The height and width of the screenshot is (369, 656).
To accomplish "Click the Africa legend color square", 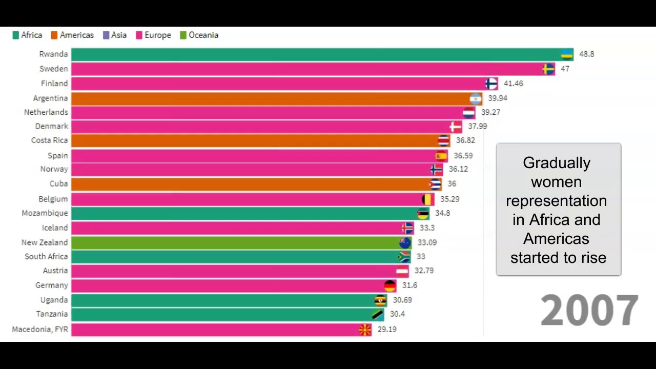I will click(16, 35).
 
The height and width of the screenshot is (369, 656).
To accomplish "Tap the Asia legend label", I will click(118, 35).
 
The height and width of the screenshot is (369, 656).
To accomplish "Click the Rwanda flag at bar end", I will click(567, 54).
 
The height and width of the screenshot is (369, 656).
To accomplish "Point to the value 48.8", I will click(586, 54).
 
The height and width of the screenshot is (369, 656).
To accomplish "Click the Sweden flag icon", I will click(548, 69).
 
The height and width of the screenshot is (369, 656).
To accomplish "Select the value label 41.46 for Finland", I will click(513, 84).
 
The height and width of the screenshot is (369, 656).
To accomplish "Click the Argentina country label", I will click(50, 98).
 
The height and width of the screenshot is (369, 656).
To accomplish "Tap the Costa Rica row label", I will click(49, 140).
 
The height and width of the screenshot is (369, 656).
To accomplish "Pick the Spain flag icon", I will click(441, 156).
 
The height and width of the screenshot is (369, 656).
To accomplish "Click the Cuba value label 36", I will click(452, 184).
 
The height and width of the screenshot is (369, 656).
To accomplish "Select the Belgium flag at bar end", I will click(427, 199).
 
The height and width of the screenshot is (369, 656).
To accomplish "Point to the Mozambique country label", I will click(45, 213).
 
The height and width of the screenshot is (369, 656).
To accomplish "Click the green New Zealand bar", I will click(236, 242).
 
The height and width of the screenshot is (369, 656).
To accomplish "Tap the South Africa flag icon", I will click(404, 257).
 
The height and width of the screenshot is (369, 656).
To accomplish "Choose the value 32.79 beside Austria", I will click(424, 271).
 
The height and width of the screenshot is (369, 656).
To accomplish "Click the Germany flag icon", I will click(390, 285).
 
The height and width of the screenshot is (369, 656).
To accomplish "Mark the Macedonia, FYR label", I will click(40, 330).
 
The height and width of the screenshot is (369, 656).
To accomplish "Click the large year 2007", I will click(589, 311).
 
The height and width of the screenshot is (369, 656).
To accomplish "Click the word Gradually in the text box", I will click(557, 163).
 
